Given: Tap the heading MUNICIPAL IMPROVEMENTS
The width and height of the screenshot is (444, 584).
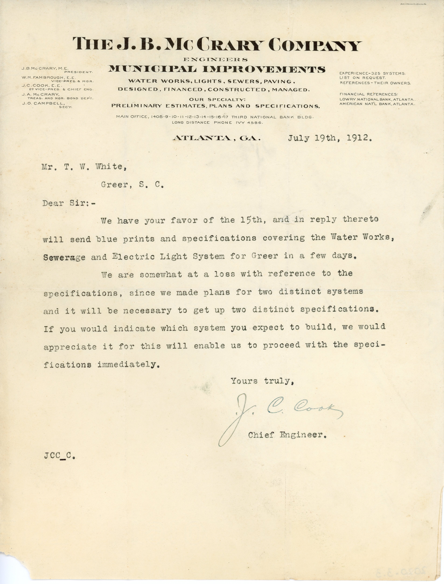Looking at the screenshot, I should pos(217,69).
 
